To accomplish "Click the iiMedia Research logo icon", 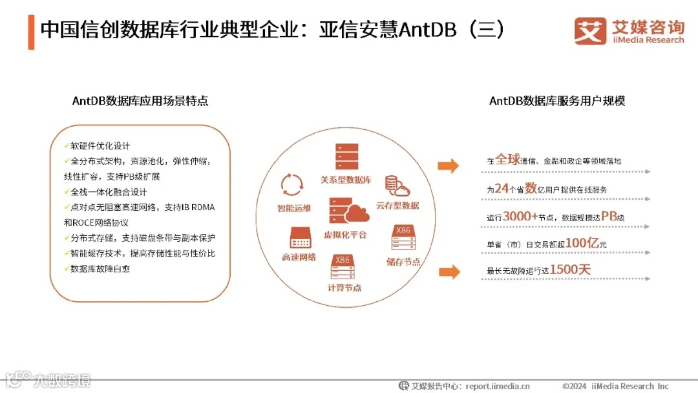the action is point(590,31).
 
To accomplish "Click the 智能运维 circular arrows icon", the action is point(292,184).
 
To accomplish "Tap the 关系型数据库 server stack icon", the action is point(346,157).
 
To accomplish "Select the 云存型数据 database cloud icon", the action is point(397,186).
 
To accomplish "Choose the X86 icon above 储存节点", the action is point(403,238).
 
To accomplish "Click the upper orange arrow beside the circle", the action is point(449,166).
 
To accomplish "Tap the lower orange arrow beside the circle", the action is point(449,271).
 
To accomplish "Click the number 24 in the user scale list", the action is point(502,189).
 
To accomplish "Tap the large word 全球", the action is point(507,160).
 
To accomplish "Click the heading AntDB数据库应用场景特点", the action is point(140,101).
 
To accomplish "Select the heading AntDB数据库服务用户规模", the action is point(557,101).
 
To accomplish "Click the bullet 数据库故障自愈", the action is point(100,268).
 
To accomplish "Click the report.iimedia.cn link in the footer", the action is point(497,387).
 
